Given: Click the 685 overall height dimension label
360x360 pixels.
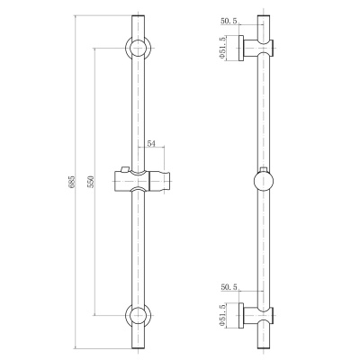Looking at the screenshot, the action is click(x=72, y=181).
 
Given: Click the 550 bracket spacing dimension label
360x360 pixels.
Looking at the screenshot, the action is click(x=92, y=182).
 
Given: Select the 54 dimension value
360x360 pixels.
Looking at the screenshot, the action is click(x=151, y=144).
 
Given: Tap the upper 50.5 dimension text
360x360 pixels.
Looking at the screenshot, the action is click(x=229, y=21).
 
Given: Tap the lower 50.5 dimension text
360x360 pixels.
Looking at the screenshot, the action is click(x=229, y=287).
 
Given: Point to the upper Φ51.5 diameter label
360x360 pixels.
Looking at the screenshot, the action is click(x=222, y=48).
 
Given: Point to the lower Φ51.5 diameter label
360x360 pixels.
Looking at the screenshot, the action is click(x=222, y=315).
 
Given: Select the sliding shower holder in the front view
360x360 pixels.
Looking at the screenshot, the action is click(x=142, y=181).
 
